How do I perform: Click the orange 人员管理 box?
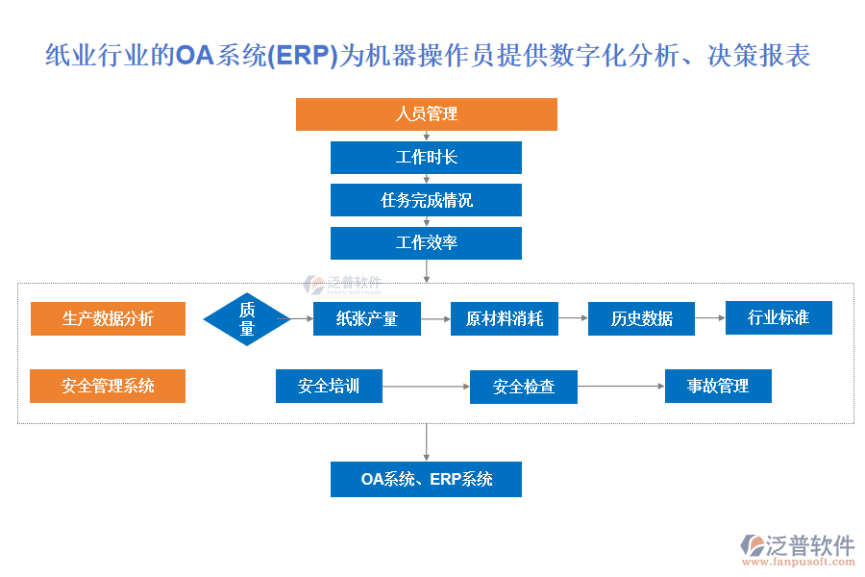[x=426, y=114]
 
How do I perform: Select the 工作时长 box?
[x=426, y=158]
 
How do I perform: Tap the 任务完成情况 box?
[x=426, y=200]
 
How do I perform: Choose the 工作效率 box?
[x=426, y=243]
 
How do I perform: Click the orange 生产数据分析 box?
[x=108, y=319]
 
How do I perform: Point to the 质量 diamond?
[x=247, y=319]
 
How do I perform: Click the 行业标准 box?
[x=778, y=317]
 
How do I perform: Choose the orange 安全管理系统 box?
[x=108, y=387]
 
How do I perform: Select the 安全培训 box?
[x=329, y=387]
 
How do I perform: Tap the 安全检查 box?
[x=524, y=388]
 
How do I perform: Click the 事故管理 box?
[x=718, y=387]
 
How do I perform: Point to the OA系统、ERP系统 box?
[x=426, y=479]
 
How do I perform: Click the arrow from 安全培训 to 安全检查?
[x=426, y=387]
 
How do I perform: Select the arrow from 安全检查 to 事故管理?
[x=621, y=387]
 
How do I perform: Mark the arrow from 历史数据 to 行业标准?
[x=710, y=317]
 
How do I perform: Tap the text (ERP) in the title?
[x=301, y=56]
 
